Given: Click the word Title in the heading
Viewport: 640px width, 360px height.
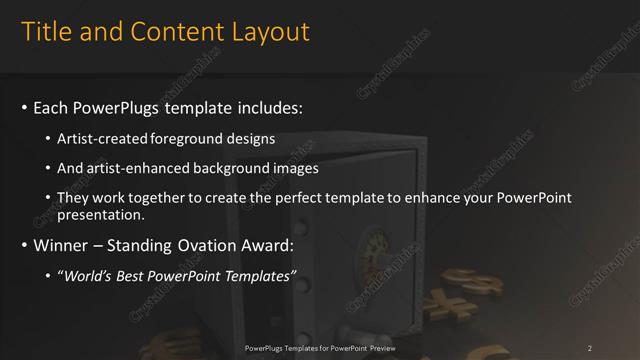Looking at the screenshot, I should coord(46,32).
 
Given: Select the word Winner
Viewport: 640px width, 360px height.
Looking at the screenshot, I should coord(62,245).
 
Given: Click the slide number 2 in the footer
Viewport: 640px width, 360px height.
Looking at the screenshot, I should coord(589,347).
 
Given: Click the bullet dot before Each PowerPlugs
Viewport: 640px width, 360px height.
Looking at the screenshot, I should coord(24,107).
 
